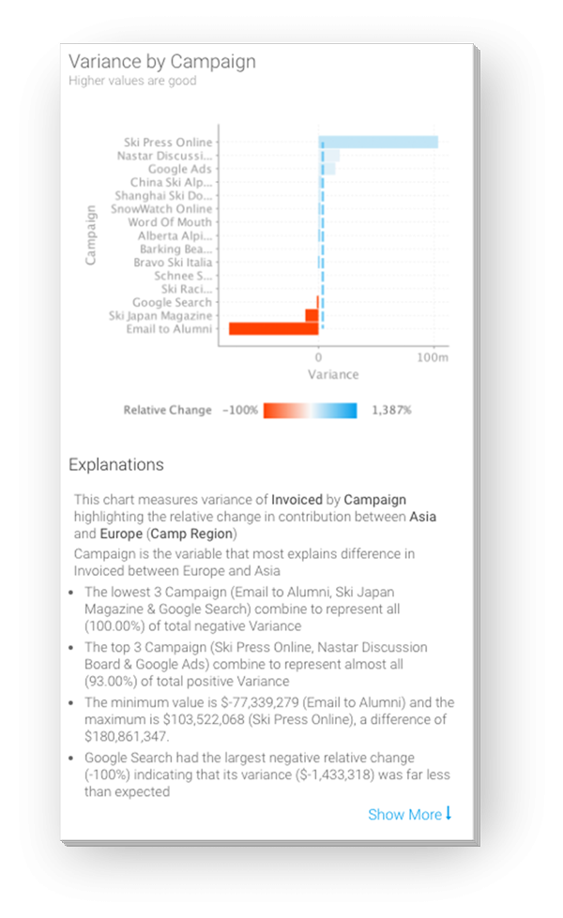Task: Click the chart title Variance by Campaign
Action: coord(162,61)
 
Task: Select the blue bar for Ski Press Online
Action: coord(379,143)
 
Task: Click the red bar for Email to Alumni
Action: coord(273,329)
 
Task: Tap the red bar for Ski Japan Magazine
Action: coord(312,316)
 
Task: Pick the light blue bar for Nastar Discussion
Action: coord(330,156)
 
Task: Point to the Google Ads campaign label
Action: coord(180,169)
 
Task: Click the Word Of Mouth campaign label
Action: coord(170,222)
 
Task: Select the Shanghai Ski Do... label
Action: coord(163,196)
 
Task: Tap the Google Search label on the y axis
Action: coord(172,303)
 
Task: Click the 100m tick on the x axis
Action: coord(434,357)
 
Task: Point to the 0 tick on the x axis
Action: coord(319,357)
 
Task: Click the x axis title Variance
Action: coord(333,374)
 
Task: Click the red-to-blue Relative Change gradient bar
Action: coord(310,410)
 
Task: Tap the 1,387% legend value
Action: coord(391,410)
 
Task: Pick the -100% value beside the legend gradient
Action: coord(239,410)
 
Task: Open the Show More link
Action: coord(409,814)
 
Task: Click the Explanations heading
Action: coord(116,464)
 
